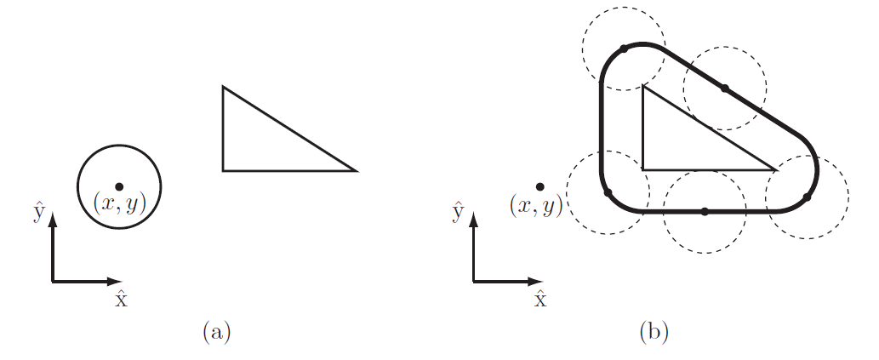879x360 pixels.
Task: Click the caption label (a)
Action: click(216, 331)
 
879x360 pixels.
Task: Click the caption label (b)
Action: click(654, 331)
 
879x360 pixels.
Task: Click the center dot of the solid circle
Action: click(119, 186)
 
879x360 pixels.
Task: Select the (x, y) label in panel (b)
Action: click(536, 205)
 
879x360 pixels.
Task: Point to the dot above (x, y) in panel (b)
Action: click(539, 186)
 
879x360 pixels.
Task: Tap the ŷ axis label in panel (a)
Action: click(38, 210)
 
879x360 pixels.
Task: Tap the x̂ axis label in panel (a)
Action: click(121, 299)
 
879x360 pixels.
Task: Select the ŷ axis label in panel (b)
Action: click(459, 210)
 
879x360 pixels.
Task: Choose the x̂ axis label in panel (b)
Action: click(540, 299)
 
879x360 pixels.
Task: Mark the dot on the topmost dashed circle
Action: click(624, 49)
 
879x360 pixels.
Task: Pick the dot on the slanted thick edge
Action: click(724, 88)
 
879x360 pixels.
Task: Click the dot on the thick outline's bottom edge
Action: click(704, 211)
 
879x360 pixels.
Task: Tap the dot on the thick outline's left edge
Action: click(607, 193)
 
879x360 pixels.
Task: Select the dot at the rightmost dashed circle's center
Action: click(807, 197)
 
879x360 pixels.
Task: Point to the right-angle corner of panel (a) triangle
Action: click(223, 170)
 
